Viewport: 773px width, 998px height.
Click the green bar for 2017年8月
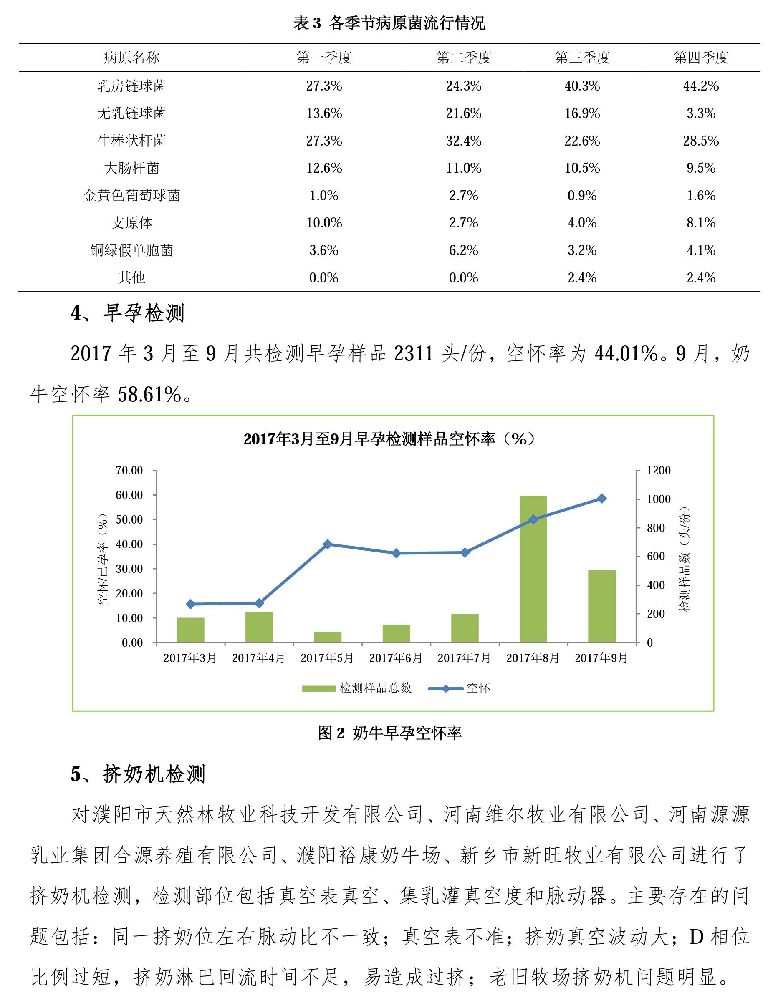533,569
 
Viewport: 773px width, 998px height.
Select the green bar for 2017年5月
327,637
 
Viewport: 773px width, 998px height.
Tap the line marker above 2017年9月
601,499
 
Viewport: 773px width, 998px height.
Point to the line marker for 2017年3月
191,604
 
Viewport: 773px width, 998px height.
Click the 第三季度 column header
582,58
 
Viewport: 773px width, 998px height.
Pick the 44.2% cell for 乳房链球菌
700,86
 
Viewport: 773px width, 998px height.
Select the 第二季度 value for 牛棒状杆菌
464,141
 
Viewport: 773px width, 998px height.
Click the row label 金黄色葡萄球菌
131,196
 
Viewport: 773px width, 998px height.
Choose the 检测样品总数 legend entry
357,688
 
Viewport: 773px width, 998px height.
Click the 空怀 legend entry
460,688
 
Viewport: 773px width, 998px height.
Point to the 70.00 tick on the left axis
129,471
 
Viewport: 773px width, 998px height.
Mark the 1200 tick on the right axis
658,471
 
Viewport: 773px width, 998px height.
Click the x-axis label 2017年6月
396,658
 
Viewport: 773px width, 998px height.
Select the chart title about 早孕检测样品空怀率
389,439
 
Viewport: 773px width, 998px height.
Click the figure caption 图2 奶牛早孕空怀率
389,733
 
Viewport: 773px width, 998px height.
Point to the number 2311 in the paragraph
413,354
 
